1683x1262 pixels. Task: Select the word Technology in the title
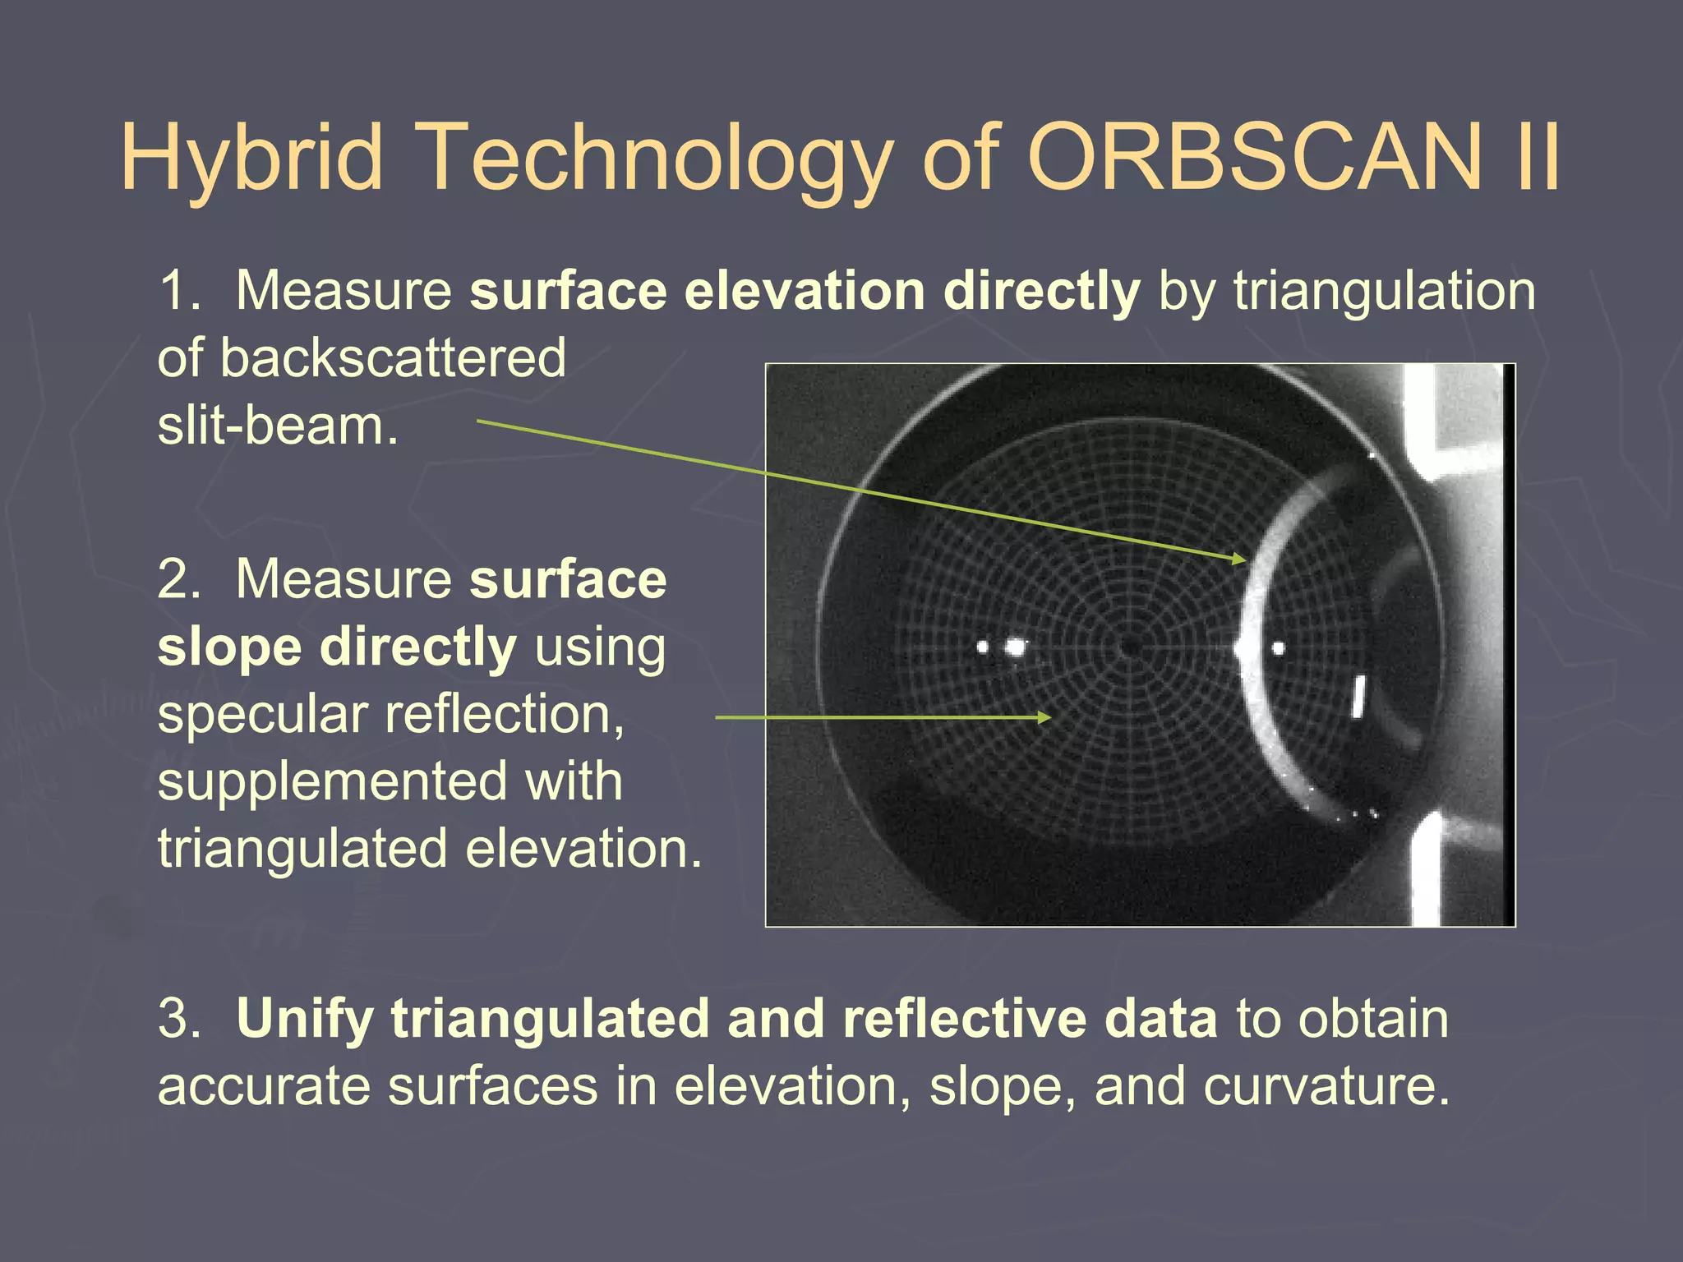(x=657, y=158)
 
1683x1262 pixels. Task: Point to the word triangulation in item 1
(x=1384, y=291)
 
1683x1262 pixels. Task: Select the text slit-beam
(x=278, y=426)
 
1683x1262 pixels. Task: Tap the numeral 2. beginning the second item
(x=178, y=579)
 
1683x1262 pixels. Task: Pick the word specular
(x=262, y=714)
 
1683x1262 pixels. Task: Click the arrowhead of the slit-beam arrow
(x=1241, y=560)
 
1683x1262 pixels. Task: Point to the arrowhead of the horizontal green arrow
(x=1044, y=717)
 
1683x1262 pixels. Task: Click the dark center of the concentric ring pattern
(x=1132, y=648)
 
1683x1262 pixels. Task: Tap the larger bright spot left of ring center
(x=1016, y=648)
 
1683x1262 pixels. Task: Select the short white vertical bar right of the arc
(x=1358, y=696)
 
